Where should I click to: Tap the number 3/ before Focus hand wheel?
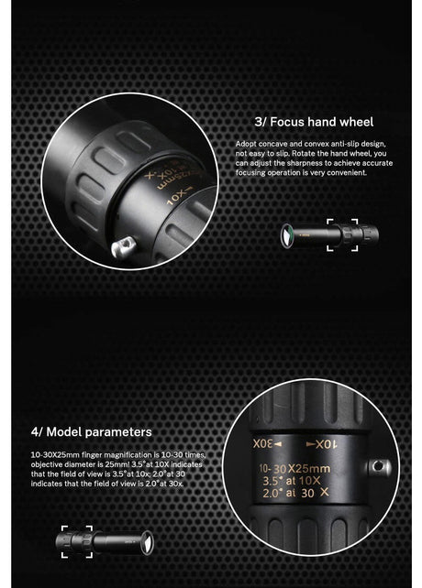tap(261, 121)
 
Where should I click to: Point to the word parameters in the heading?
tap(122, 431)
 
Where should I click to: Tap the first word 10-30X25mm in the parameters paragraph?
tap(50, 454)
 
